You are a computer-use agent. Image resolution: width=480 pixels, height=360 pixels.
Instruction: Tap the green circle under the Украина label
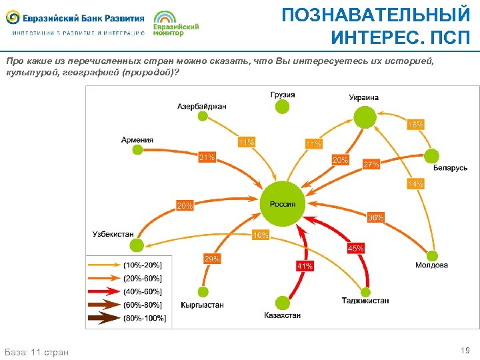click(364, 118)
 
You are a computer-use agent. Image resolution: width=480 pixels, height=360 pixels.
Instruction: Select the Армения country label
click(137, 140)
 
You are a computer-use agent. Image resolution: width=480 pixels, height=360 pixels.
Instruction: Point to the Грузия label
click(283, 95)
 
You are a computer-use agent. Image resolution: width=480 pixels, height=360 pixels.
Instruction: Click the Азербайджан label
click(202, 106)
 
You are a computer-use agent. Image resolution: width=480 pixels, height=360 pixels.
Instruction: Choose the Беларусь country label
click(450, 168)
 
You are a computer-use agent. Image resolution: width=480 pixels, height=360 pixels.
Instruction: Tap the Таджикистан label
click(365, 301)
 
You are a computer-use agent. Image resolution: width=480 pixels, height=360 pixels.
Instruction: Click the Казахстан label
click(283, 315)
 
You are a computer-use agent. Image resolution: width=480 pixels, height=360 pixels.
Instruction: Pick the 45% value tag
click(355, 249)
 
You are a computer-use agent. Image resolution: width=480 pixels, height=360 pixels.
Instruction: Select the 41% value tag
click(305, 265)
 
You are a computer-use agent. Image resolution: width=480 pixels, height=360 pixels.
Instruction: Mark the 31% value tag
click(207, 157)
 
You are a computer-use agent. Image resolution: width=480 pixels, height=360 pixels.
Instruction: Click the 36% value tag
click(375, 217)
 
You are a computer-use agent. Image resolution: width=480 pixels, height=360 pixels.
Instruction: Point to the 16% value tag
click(415, 125)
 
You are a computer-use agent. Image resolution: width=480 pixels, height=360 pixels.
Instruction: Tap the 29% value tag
click(212, 258)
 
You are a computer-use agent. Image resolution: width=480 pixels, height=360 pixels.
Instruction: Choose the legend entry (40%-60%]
click(143, 291)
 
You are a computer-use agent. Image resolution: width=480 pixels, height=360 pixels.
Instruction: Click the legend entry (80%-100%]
click(145, 318)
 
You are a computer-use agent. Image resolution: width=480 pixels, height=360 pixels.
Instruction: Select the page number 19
click(465, 350)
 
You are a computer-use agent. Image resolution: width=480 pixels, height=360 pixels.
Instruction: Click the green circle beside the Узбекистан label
click(137, 245)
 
